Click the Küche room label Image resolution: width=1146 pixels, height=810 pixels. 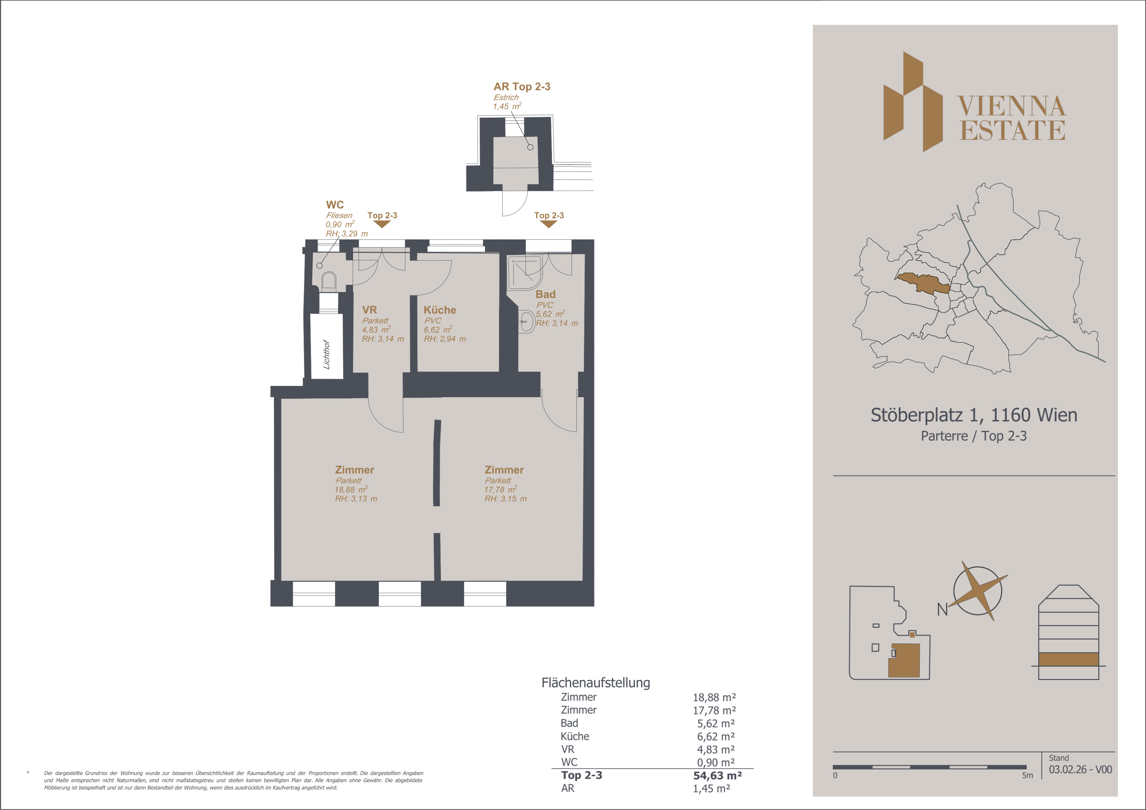[440, 310]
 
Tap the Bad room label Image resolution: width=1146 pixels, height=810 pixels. [545, 294]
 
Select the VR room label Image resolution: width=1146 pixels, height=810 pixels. [369, 310]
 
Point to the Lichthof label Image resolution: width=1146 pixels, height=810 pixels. [326, 354]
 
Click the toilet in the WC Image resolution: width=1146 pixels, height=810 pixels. [328, 281]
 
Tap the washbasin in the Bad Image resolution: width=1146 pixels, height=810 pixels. [526, 322]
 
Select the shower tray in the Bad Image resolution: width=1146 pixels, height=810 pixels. [525, 272]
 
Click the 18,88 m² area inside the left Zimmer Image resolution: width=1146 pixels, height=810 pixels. [351, 489]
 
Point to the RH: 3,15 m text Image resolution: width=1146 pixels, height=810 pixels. [505, 499]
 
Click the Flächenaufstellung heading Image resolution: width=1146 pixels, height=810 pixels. [596, 683]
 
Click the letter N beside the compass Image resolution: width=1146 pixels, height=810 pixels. [942, 609]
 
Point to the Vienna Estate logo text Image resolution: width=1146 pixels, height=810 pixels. [1012, 118]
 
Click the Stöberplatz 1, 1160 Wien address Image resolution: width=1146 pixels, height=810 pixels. [974, 415]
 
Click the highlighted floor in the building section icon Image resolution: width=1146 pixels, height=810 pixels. [1069, 659]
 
